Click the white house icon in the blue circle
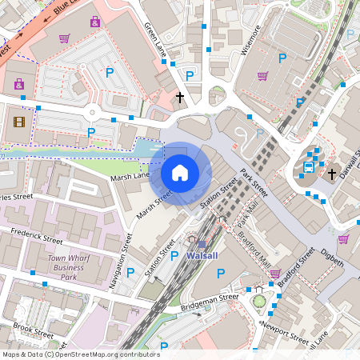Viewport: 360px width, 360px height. [x=180, y=172]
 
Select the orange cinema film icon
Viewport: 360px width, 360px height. [x=19, y=122]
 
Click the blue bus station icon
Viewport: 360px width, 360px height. [x=308, y=167]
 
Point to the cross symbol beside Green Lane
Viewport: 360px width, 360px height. [x=180, y=98]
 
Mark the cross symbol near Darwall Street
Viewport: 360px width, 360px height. [x=332, y=173]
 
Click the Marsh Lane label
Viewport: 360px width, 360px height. [x=130, y=176]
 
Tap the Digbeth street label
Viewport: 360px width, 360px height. [x=331, y=257]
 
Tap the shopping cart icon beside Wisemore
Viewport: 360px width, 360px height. [x=262, y=76]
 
